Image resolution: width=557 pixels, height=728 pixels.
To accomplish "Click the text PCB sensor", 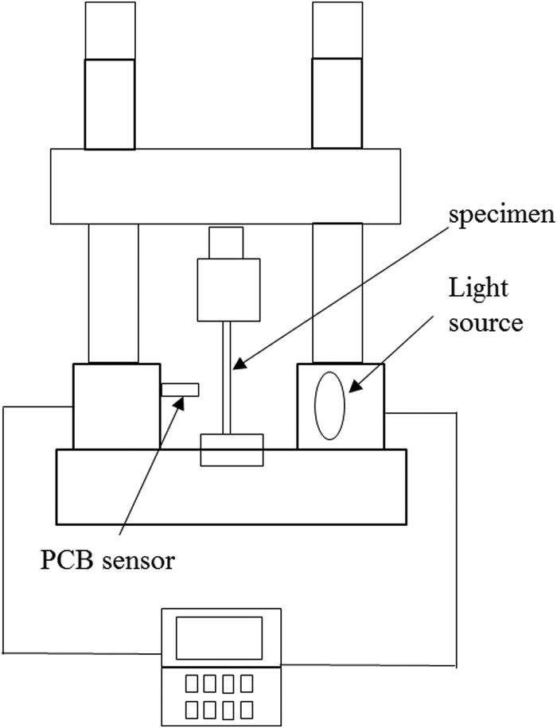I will point(107,560).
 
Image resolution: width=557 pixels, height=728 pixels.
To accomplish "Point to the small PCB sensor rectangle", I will point(180,389).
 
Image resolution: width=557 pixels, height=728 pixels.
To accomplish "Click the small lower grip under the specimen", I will point(231,450).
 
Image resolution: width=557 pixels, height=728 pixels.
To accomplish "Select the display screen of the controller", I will point(219,637).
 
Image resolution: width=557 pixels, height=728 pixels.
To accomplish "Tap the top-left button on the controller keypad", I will point(191,683).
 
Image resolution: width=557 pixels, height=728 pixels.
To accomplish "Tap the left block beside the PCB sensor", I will point(115,406).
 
